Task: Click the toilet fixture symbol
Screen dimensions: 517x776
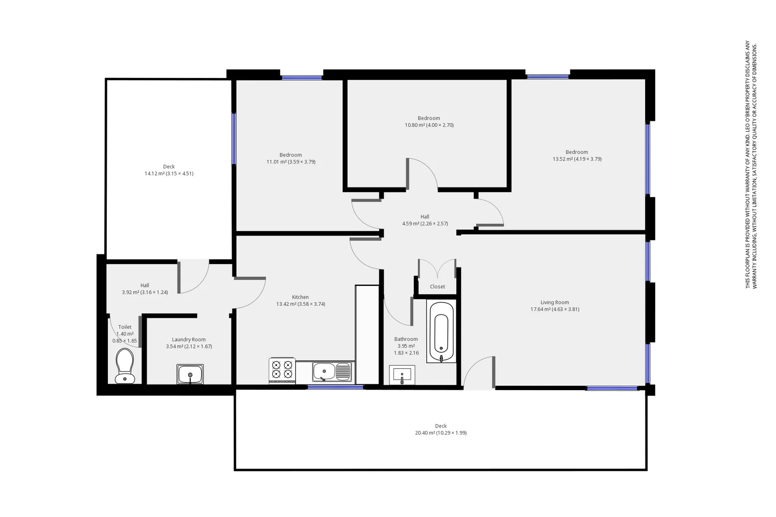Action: [125, 366]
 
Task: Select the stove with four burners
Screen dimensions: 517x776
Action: [282, 370]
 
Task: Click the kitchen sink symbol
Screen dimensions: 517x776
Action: [331, 371]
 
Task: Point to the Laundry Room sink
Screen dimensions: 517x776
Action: [190, 374]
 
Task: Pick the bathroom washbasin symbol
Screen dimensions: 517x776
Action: [402, 374]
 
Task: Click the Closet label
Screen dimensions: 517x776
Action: [437, 287]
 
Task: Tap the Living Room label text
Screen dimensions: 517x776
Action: [555, 303]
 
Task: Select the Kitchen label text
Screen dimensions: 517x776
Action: [300, 297]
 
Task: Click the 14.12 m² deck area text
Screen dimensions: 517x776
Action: [169, 174]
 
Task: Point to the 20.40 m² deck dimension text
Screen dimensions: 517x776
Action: [441, 433]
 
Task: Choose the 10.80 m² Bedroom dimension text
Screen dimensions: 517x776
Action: [429, 125]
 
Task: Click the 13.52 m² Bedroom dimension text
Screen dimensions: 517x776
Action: [577, 159]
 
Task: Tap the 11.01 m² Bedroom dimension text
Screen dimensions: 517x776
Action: [291, 162]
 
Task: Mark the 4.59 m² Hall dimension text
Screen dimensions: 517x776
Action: [425, 224]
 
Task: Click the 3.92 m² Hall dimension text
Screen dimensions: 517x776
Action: [145, 292]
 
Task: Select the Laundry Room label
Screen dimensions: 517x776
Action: [189, 339]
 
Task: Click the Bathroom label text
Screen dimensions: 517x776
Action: [406, 339]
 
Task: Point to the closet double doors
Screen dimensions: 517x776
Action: [437, 268]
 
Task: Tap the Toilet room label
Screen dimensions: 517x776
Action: [125, 327]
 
